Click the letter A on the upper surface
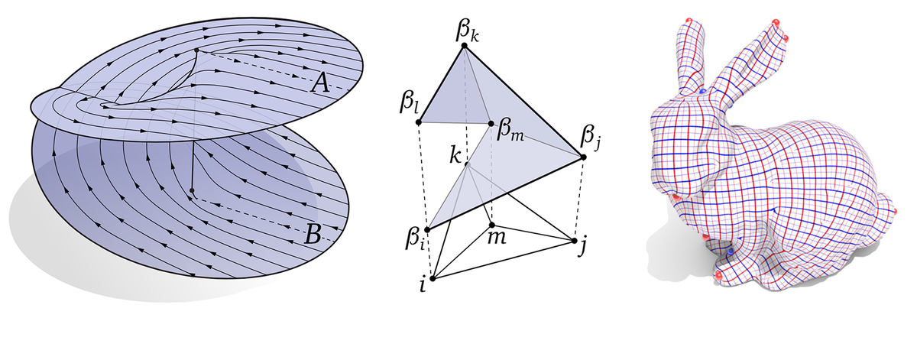320,85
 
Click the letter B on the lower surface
312,235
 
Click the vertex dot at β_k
463,47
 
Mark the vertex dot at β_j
583,157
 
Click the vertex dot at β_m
491,122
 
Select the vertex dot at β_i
428,228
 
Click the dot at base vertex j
574,240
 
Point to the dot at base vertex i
433,277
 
